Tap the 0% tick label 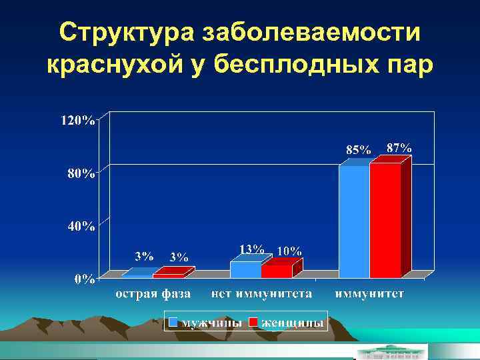coord(84,279)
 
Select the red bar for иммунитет coord(385,220)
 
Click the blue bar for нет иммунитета coord(245,269)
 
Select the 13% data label coord(251,249)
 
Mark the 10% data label coord(289,251)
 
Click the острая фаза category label coord(153,293)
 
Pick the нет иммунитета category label coord(262,293)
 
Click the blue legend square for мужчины coord(173,323)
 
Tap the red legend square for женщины coord(253,323)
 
